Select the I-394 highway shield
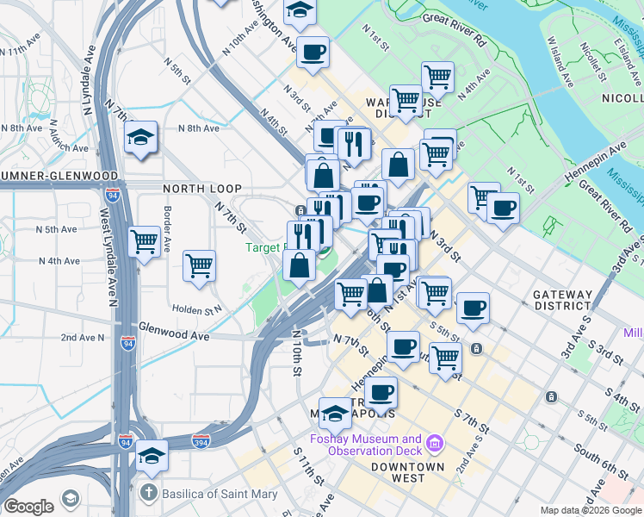[x=201, y=442]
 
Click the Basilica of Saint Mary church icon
[x=149, y=494]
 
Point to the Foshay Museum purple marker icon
[x=435, y=444]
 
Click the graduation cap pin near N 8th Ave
[x=140, y=138]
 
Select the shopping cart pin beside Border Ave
[x=144, y=241]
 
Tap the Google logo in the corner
[x=28, y=506]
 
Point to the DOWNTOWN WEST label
[x=407, y=472]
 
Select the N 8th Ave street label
[x=198, y=128]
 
